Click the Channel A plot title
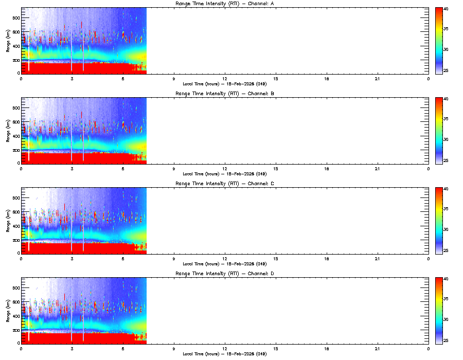point(224,4)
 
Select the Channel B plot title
point(224,94)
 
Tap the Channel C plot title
point(224,184)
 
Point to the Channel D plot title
point(224,274)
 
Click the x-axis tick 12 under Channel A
point(225,79)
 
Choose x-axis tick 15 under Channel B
point(276,169)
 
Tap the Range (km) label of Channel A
point(8,41)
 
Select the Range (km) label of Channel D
point(8,311)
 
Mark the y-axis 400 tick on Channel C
point(15,226)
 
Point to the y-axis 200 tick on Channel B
point(15,150)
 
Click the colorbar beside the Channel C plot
point(439,221)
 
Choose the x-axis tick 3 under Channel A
point(72,79)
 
